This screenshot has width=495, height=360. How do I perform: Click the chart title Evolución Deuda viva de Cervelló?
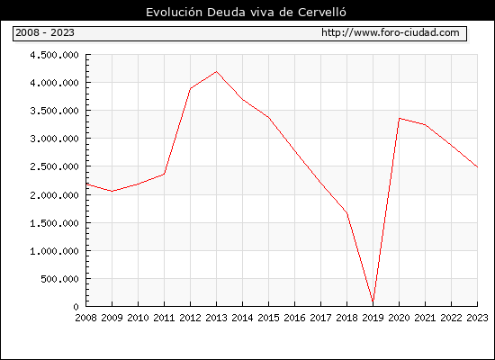click(x=246, y=13)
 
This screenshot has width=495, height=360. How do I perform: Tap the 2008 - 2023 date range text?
click(x=45, y=32)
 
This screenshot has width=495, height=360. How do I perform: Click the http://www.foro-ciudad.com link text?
click(x=391, y=32)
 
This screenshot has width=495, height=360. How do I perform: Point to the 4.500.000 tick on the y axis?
click(x=54, y=55)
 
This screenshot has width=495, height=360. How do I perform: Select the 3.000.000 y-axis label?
click(x=54, y=139)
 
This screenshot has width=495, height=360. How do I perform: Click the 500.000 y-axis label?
click(x=59, y=279)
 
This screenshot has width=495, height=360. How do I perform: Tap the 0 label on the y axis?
click(x=76, y=307)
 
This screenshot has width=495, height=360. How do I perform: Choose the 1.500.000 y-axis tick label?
click(x=54, y=223)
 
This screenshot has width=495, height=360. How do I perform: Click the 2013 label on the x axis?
click(x=216, y=318)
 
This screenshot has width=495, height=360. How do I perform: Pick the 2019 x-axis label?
click(x=373, y=318)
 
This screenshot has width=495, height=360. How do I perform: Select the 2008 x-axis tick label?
click(x=85, y=318)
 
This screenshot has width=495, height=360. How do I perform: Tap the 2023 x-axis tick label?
click(x=477, y=318)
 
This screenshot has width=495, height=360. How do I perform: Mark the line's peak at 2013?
click(x=216, y=72)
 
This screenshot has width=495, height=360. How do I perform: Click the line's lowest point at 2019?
click(x=373, y=302)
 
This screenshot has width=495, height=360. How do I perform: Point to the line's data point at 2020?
click(x=400, y=119)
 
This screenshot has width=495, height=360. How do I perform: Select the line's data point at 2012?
click(x=191, y=89)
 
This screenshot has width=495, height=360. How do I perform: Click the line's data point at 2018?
click(x=346, y=213)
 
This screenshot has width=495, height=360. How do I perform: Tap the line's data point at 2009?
click(x=112, y=191)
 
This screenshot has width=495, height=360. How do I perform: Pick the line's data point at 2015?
click(x=269, y=118)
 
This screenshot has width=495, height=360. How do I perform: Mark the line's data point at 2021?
click(x=425, y=125)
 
